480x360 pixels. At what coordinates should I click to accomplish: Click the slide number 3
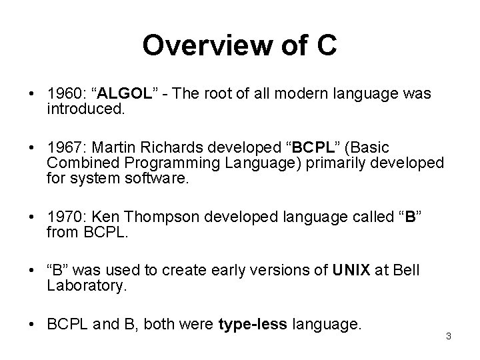(x=449, y=336)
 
